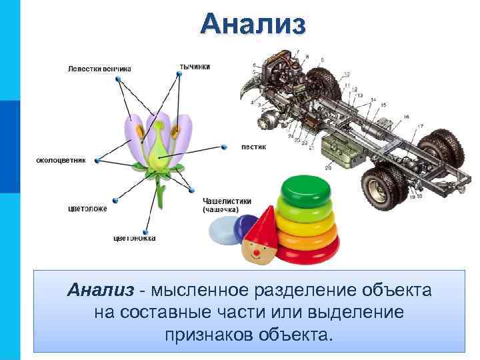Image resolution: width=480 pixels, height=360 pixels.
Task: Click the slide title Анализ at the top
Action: click(x=253, y=24)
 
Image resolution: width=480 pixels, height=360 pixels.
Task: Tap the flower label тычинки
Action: click(x=195, y=66)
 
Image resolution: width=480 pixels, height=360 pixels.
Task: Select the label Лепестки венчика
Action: click(x=99, y=68)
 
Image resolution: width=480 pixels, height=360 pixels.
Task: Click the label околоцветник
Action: click(x=61, y=160)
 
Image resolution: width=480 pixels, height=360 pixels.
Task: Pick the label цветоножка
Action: click(x=134, y=238)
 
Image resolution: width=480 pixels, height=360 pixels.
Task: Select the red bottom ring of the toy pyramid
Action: click(x=309, y=254)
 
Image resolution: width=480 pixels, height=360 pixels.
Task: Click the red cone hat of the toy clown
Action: click(x=263, y=224)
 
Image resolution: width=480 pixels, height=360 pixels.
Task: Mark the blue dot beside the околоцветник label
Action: click(x=97, y=160)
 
